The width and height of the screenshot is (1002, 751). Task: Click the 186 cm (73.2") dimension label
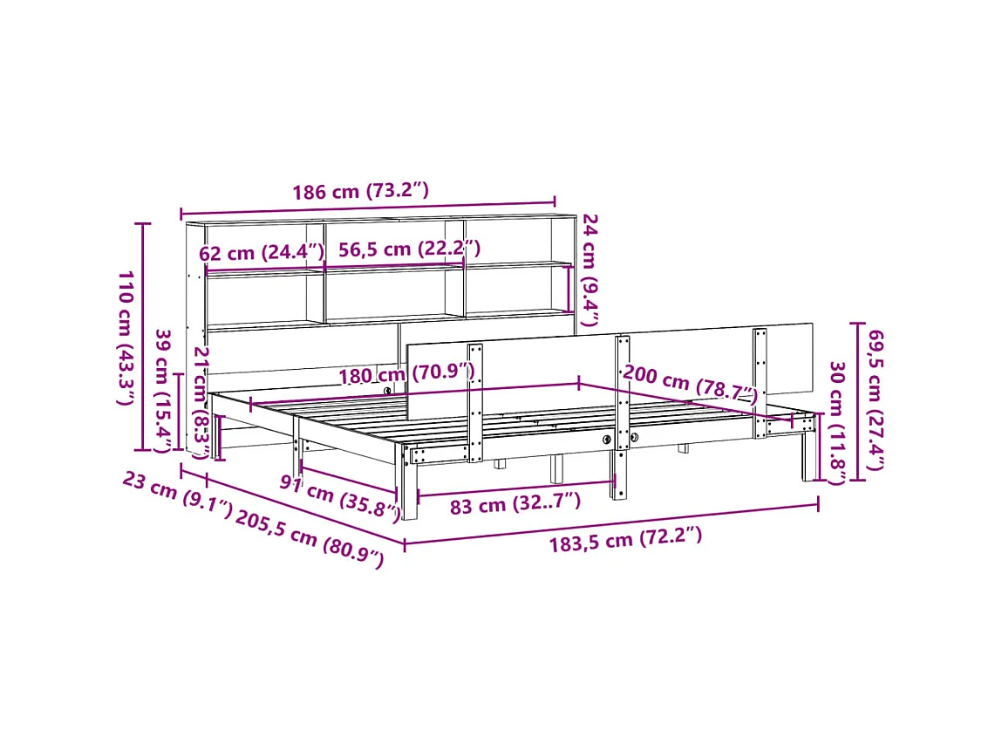point(360,192)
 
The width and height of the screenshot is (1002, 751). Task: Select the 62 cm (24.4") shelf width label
point(262,253)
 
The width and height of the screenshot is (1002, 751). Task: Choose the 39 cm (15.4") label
point(162,391)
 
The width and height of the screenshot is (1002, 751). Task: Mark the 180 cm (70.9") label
point(407,373)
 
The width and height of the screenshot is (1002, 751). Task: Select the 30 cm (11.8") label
point(836,423)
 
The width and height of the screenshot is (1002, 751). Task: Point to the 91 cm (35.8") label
point(340,495)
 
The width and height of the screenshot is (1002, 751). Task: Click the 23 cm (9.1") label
point(177,494)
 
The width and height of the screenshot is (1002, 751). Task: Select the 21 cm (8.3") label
point(201,402)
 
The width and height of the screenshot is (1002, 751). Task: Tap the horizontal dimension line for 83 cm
point(516,484)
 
